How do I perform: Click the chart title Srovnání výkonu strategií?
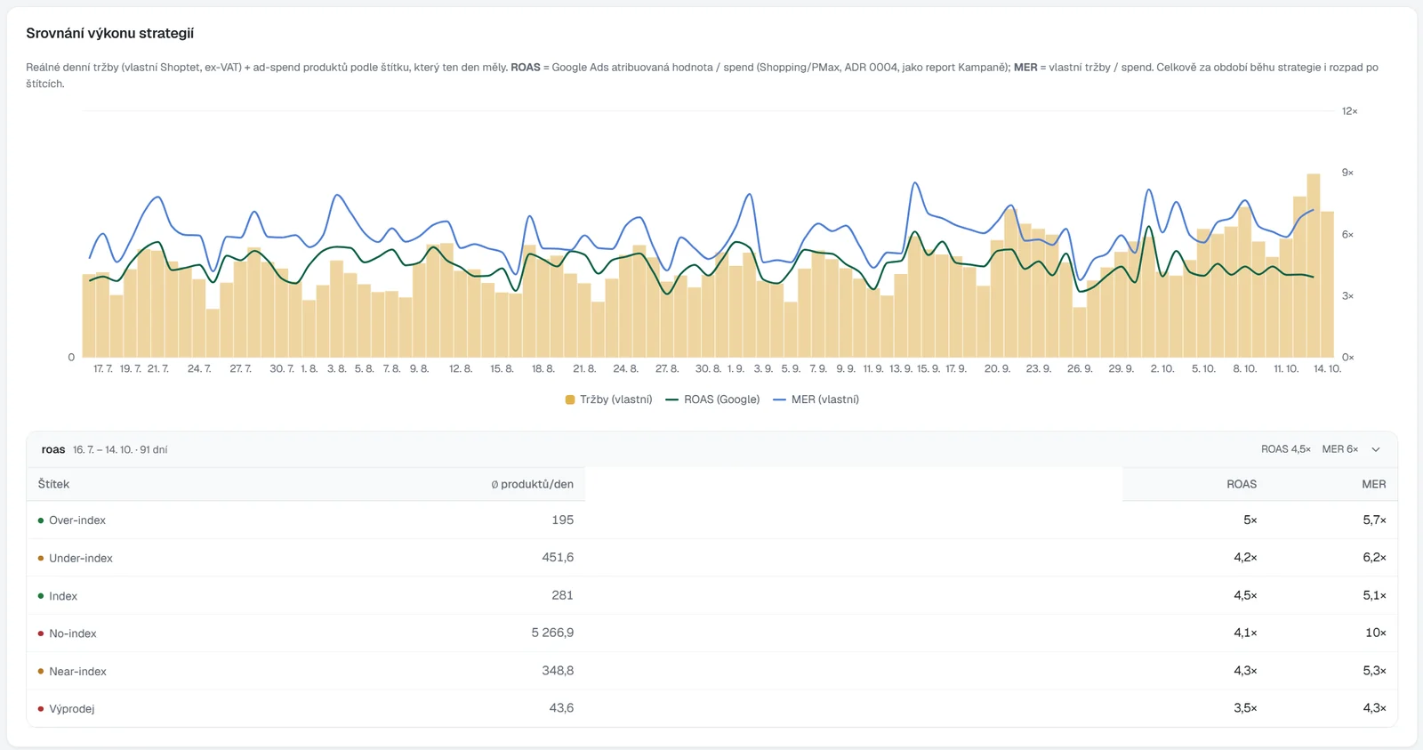coord(110,33)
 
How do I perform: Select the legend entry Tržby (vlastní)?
coord(608,399)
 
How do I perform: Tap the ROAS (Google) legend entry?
coord(712,399)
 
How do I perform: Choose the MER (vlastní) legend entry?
coord(816,399)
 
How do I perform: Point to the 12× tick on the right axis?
coord(1349,111)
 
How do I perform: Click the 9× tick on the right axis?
coord(1347,173)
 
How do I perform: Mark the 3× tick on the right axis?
coord(1347,295)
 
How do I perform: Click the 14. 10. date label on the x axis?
coord(1327,368)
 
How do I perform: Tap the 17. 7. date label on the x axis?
coord(103,368)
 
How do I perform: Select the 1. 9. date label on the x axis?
coord(736,368)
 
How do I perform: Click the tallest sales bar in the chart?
coord(1313,265)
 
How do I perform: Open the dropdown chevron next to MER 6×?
coord(1375,449)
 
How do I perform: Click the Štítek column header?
coord(53,484)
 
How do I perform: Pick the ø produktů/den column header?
coord(533,484)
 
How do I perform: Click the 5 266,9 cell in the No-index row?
coord(552,633)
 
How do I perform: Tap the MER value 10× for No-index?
coord(1375,633)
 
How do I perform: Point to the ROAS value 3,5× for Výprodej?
coord(1245,708)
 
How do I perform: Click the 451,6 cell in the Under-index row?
coord(558,558)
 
